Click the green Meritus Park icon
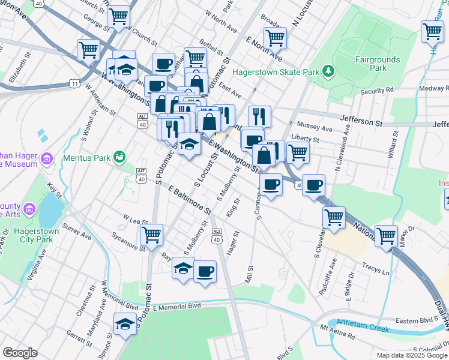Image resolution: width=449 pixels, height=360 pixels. pyautogui.click(x=119, y=157)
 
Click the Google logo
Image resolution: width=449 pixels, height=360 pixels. pyautogui.click(x=20, y=353)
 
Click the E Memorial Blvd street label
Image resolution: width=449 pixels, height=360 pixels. pyautogui.click(x=176, y=307)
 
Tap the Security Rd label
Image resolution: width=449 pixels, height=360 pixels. pyautogui.click(x=377, y=91)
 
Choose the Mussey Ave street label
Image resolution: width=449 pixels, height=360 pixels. pyautogui.click(x=315, y=128)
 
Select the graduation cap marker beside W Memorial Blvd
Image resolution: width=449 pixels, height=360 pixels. pyautogui.click(x=125, y=325)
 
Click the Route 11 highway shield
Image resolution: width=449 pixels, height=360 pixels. pyautogui.click(x=74, y=83)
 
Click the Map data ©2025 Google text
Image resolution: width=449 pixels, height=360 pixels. pyautogui.click(x=411, y=355)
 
